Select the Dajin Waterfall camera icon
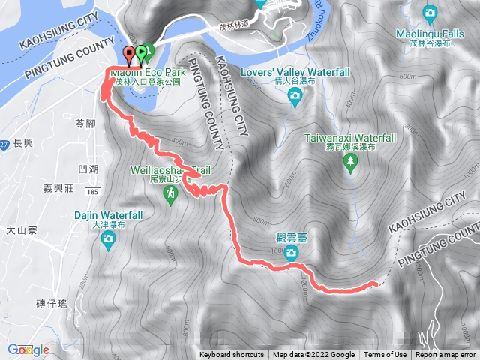109,240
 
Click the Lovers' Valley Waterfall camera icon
295,94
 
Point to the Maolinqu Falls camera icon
430,12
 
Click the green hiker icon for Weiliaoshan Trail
172,194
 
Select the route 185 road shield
93,193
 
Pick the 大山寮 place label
21,230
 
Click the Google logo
28,349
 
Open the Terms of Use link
385,355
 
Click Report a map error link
445,355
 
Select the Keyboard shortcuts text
231,355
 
